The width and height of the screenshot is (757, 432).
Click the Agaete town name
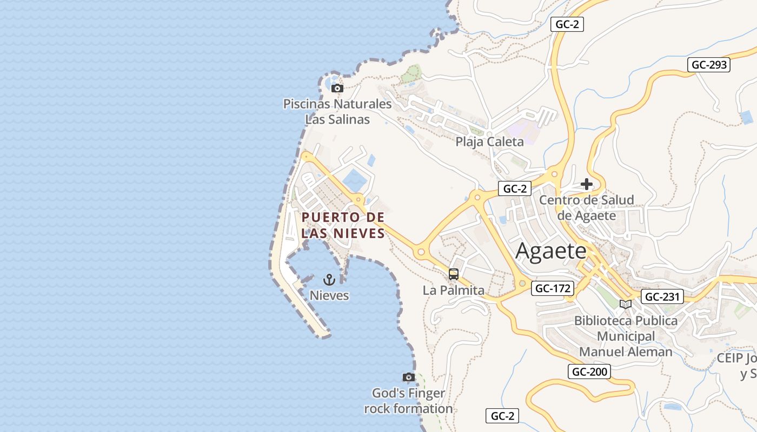[x=551, y=252]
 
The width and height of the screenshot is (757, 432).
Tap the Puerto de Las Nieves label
[x=343, y=225]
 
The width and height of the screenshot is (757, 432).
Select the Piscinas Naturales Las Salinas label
[x=337, y=111]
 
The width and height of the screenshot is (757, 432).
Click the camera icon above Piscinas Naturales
[x=337, y=88]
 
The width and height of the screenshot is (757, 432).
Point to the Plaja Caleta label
[x=489, y=142]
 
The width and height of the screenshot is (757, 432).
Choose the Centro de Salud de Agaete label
[x=587, y=208]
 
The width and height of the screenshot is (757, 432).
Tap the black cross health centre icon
[x=587, y=184]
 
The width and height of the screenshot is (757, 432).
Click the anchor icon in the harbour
[x=329, y=279]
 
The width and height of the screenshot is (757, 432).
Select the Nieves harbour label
[x=329, y=295]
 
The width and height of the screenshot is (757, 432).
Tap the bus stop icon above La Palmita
[x=453, y=274]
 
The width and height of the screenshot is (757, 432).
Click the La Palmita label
[x=453, y=290]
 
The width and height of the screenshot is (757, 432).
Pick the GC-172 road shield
[x=552, y=288]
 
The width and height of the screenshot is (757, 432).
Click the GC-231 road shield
[x=662, y=296]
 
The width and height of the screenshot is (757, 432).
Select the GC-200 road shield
[x=589, y=372]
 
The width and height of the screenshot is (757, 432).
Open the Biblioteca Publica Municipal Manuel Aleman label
[x=626, y=336]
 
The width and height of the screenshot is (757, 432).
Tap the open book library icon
[x=626, y=304]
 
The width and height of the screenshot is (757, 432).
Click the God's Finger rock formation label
[x=408, y=401]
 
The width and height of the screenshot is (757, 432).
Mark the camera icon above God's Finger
[x=408, y=377]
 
